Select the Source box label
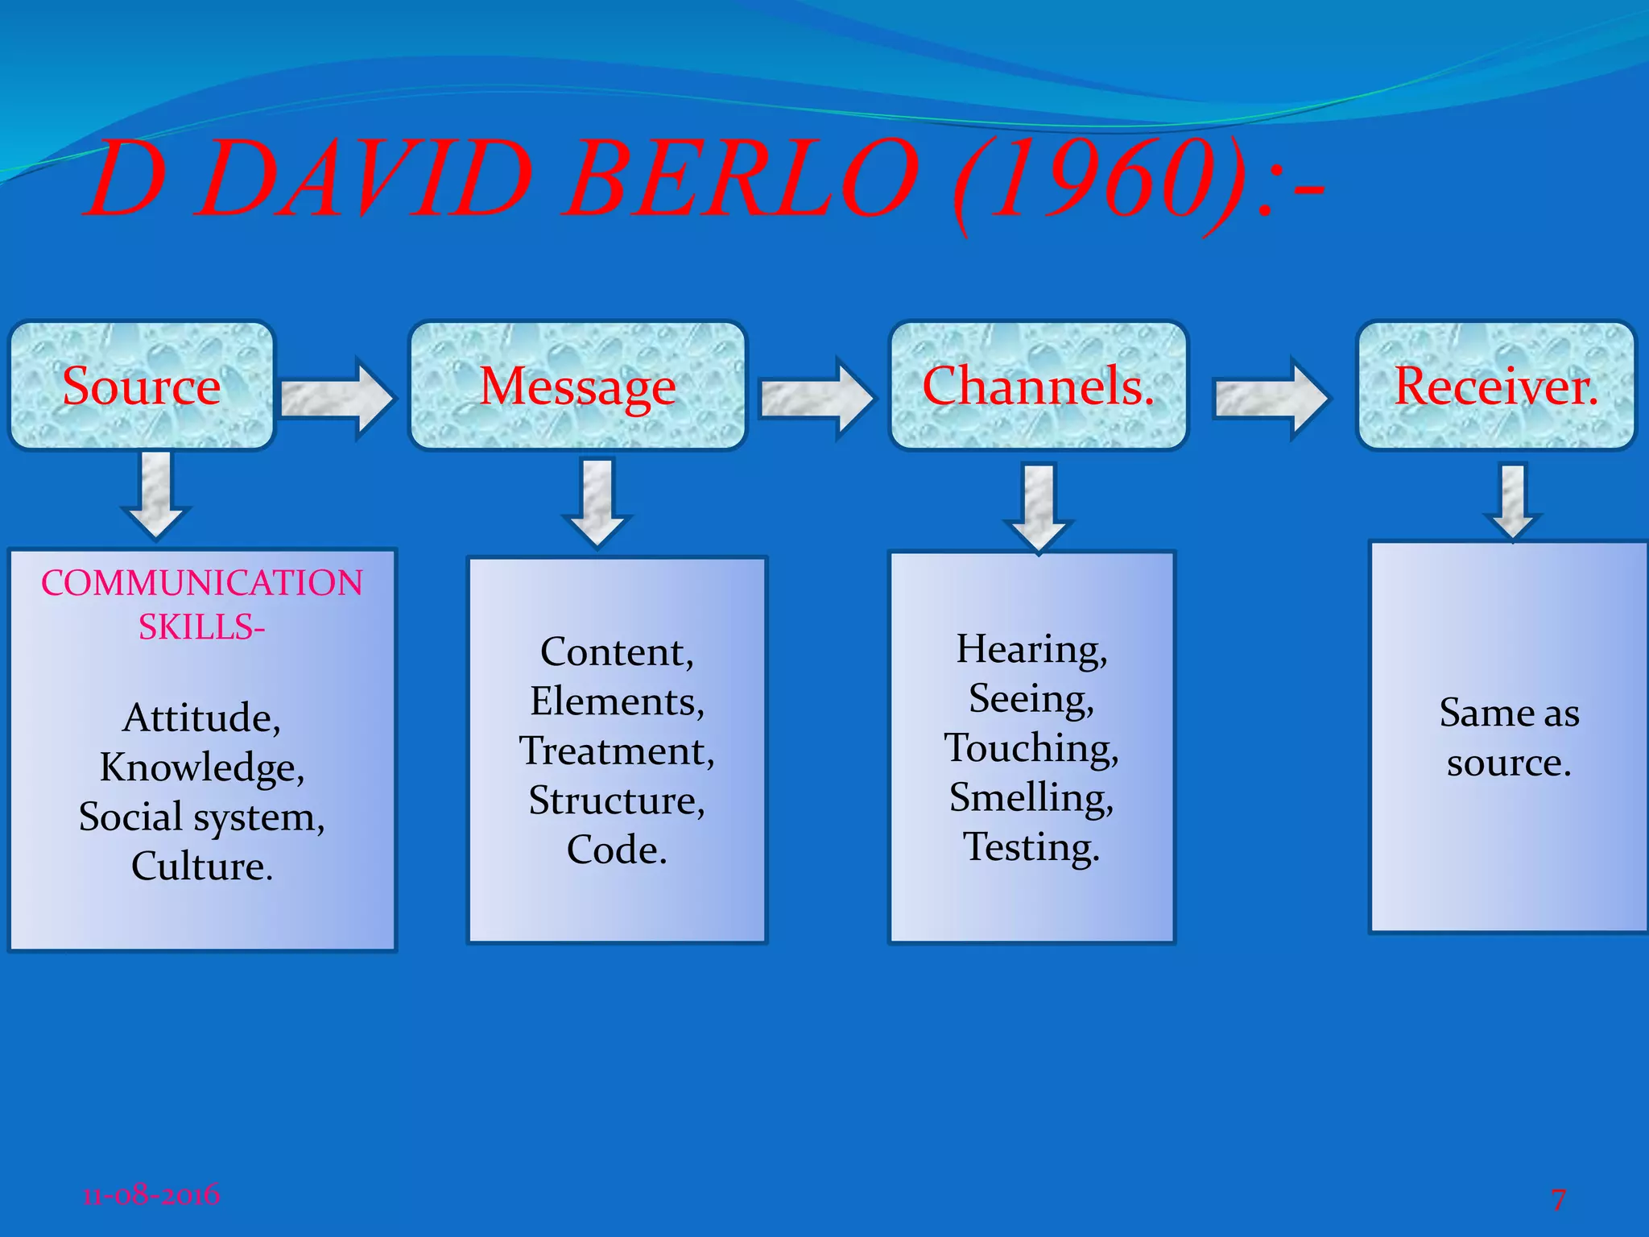coord(142,387)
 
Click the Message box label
coord(577,387)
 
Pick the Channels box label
coord(1038,387)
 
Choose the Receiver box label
coord(1495,387)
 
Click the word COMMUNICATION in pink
coord(202,583)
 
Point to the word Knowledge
coord(202,767)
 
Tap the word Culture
coord(202,867)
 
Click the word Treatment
coord(617,751)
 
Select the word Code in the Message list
coord(617,850)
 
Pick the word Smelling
coord(1031,798)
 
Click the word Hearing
coord(1031,649)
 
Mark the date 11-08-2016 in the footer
coord(151,1194)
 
